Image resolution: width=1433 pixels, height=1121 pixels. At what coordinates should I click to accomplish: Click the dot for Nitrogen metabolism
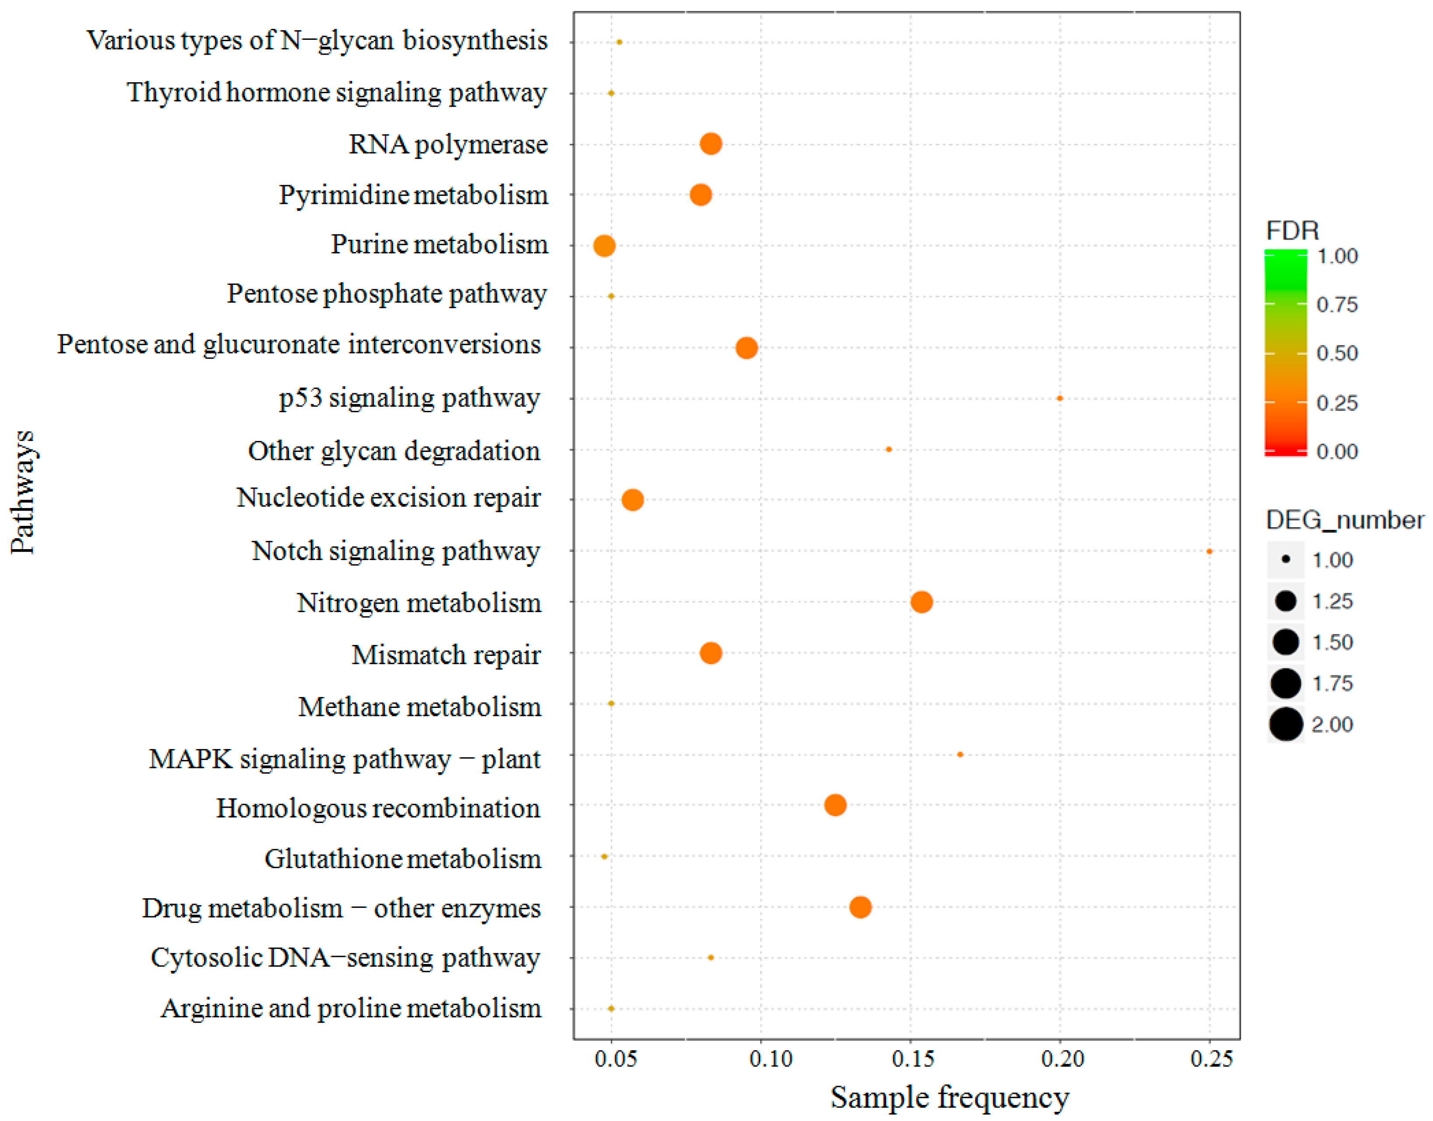tap(921, 602)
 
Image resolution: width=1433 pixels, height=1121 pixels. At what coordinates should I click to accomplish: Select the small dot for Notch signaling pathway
tap(1209, 551)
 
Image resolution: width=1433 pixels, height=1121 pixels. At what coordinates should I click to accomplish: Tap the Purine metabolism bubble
tap(604, 246)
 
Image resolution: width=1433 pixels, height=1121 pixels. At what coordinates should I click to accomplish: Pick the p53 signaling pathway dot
tap(1060, 398)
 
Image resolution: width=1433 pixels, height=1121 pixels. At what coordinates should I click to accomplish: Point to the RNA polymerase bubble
tap(711, 144)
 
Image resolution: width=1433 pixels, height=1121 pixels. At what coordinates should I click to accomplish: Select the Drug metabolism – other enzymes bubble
tap(860, 907)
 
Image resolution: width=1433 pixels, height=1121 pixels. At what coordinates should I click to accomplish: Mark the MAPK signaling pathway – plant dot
tap(960, 755)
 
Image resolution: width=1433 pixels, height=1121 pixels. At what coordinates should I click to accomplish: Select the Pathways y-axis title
tap(22, 492)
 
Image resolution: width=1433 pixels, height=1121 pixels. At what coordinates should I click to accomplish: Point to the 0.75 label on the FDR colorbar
tap(1337, 305)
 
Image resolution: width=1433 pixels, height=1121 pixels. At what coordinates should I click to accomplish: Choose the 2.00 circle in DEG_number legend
tap(1285, 725)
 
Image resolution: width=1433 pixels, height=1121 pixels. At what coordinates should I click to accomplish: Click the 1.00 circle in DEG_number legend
tap(1285, 560)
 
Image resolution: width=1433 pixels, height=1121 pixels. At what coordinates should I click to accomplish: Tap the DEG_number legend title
tap(1344, 520)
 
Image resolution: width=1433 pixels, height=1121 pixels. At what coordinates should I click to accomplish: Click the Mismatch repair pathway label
tap(446, 655)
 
